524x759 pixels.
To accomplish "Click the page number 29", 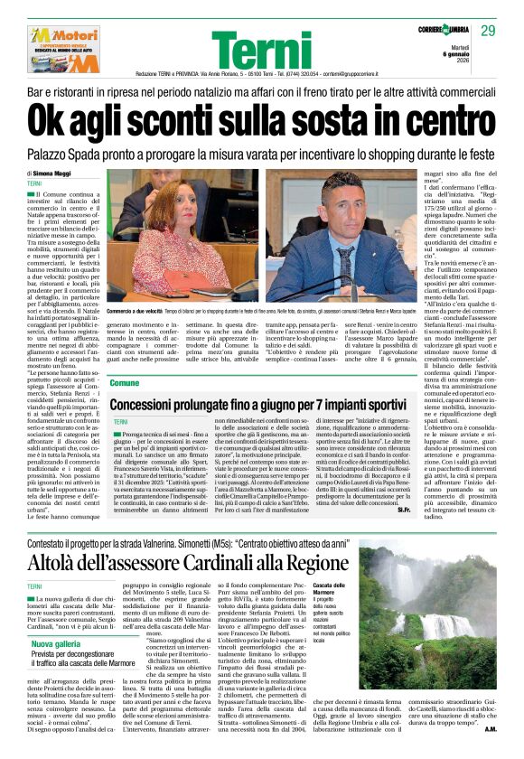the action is click(x=488, y=31).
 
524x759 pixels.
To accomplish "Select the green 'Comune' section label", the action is click(x=125, y=384).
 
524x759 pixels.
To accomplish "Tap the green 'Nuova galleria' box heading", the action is click(x=55, y=644).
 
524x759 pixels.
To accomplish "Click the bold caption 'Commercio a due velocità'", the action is click(x=133, y=311).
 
